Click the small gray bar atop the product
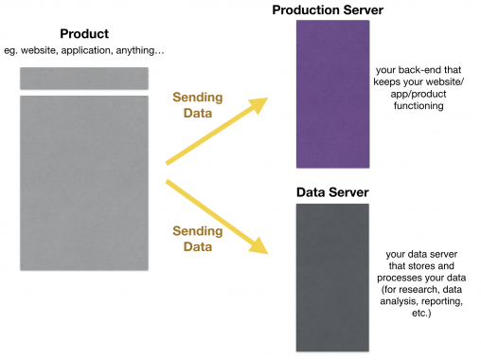click(83, 78)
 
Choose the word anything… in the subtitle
click(137, 49)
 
